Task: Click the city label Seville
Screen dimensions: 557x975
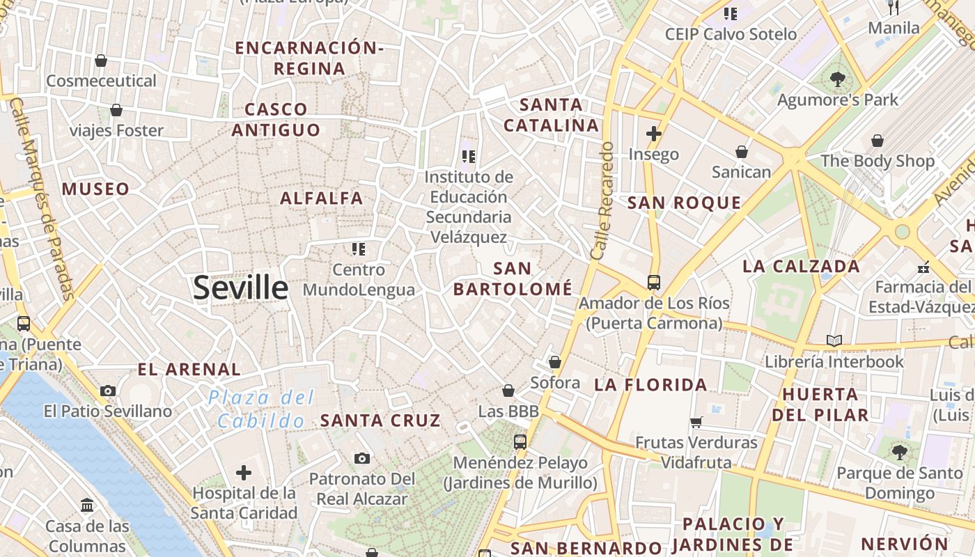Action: [240, 288]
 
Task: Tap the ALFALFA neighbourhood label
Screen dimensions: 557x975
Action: [322, 198]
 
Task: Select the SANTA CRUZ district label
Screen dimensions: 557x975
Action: [380, 421]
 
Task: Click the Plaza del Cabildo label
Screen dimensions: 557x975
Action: [262, 409]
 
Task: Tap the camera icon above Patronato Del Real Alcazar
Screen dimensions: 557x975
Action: [361, 457]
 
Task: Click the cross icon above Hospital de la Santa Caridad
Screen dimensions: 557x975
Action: [244, 473]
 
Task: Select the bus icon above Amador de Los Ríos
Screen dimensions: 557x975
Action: [653, 282]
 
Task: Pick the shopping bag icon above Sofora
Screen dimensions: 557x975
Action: [555, 362]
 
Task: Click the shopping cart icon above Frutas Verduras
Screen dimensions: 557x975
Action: [696, 422]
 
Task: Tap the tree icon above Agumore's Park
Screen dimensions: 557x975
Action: [838, 79]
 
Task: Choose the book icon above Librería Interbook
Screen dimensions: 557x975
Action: [834, 340]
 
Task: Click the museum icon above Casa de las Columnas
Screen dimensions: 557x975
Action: [87, 505]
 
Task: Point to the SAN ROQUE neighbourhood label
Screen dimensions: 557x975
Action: [684, 203]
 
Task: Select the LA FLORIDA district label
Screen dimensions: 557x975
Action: [650, 384]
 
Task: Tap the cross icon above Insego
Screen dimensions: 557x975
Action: [653, 133]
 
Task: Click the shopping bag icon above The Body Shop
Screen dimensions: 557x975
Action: [877, 141]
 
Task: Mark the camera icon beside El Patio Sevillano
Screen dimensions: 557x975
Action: [107, 391]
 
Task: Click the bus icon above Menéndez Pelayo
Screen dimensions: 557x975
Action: [520, 441]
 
